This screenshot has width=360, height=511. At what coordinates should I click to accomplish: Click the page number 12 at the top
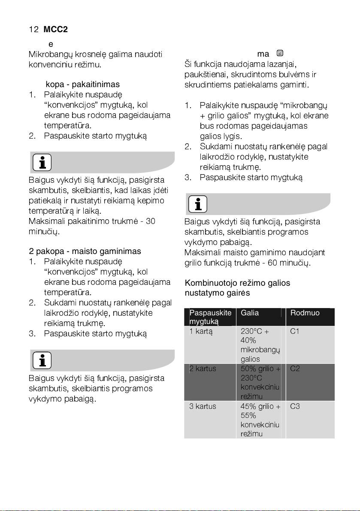click(33, 30)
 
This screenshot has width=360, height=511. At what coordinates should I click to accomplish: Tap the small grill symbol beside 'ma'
click(279, 54)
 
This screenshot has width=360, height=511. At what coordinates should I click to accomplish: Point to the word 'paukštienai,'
click(205, 75)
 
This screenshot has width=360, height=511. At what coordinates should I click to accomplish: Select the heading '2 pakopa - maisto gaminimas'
click(85, 251)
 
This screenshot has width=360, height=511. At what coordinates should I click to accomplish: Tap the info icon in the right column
click(197, 204)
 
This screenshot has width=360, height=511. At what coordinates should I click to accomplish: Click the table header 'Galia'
click(250, 313)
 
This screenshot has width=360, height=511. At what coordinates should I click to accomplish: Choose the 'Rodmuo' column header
click(305, 313)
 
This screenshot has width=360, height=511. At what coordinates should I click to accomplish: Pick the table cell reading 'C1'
click(295, 331)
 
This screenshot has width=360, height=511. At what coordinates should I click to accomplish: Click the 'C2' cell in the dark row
click(295, 369)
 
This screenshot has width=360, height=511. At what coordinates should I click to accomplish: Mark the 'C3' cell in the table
click(295, 406)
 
